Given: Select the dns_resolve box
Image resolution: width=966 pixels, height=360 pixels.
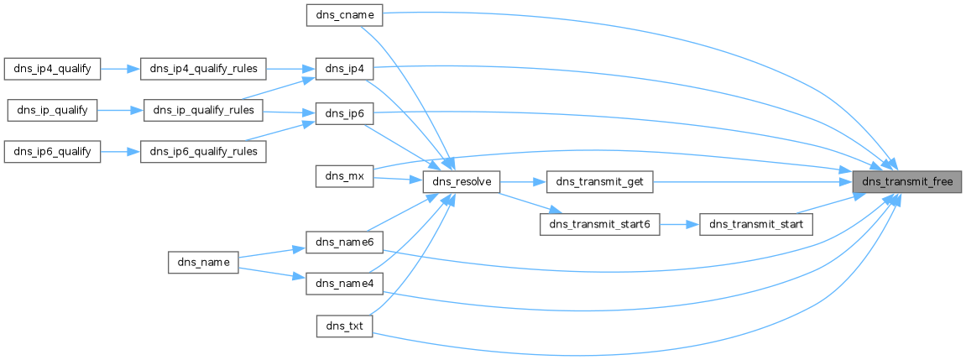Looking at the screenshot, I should (462, 181).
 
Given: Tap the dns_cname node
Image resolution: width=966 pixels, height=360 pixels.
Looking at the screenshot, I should (344, 14).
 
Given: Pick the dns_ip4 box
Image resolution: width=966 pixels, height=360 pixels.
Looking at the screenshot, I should (344, 69).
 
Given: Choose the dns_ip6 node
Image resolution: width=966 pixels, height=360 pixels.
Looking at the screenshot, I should (344, 113).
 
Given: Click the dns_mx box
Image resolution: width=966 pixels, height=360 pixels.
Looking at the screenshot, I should (344, 175).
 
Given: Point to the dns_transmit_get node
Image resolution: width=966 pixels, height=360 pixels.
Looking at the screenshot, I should (599, 181).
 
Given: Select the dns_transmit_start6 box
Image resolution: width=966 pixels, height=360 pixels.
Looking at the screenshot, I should (599, 225).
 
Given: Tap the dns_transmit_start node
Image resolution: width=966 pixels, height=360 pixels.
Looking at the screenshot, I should (756, 225).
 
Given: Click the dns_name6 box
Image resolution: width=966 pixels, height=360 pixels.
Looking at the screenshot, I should (344, 242).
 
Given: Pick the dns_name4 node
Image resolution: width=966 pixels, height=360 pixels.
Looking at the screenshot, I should (344, 284).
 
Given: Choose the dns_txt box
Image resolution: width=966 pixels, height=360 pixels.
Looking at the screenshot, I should (344, 326).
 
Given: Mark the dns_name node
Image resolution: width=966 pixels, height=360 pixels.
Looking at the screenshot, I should (204, 262).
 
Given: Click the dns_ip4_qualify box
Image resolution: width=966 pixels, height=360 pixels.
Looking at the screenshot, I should (52, 69).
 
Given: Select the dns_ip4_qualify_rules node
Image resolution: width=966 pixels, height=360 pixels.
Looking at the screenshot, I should (203, 69).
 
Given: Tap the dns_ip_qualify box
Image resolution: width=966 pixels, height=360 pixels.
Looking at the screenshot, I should (52, 110).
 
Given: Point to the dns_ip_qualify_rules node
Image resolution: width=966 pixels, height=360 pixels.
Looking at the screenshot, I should (203, 110).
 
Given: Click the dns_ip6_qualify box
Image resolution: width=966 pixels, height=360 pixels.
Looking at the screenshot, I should (52, 152).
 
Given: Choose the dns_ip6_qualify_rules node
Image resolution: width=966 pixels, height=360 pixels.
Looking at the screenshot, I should (203, 152).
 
